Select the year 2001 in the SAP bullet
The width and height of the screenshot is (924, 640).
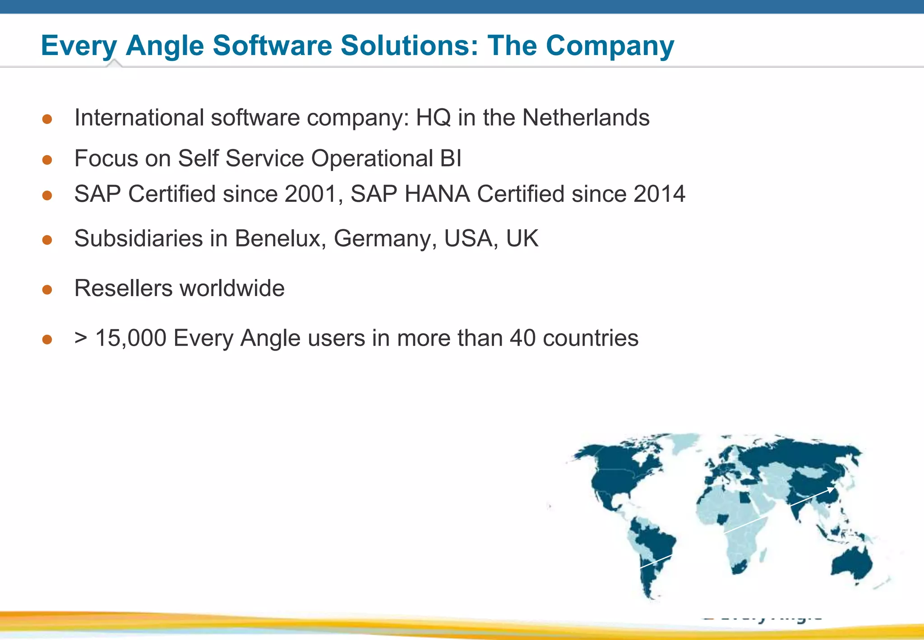tap(311, 194)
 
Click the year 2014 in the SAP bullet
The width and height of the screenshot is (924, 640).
tap(659, 194)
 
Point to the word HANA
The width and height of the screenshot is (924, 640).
tap(437, 194)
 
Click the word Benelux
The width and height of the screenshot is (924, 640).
tap(280, 238)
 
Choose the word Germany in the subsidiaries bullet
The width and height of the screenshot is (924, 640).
tap(385, 239)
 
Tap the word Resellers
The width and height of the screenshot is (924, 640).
tap(123, 288)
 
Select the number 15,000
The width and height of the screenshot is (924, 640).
tap(131, 339)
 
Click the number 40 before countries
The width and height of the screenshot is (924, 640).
tap(522, 338)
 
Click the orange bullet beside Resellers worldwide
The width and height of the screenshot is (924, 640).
tap(47, 289)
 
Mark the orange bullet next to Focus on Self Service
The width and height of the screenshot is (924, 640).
tap(47, 160)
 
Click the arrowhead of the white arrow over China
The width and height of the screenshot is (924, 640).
tap(831, 489)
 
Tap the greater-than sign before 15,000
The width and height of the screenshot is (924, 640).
tap(81, 338)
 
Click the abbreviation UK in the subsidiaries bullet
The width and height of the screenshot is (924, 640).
tap(522, 238)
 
